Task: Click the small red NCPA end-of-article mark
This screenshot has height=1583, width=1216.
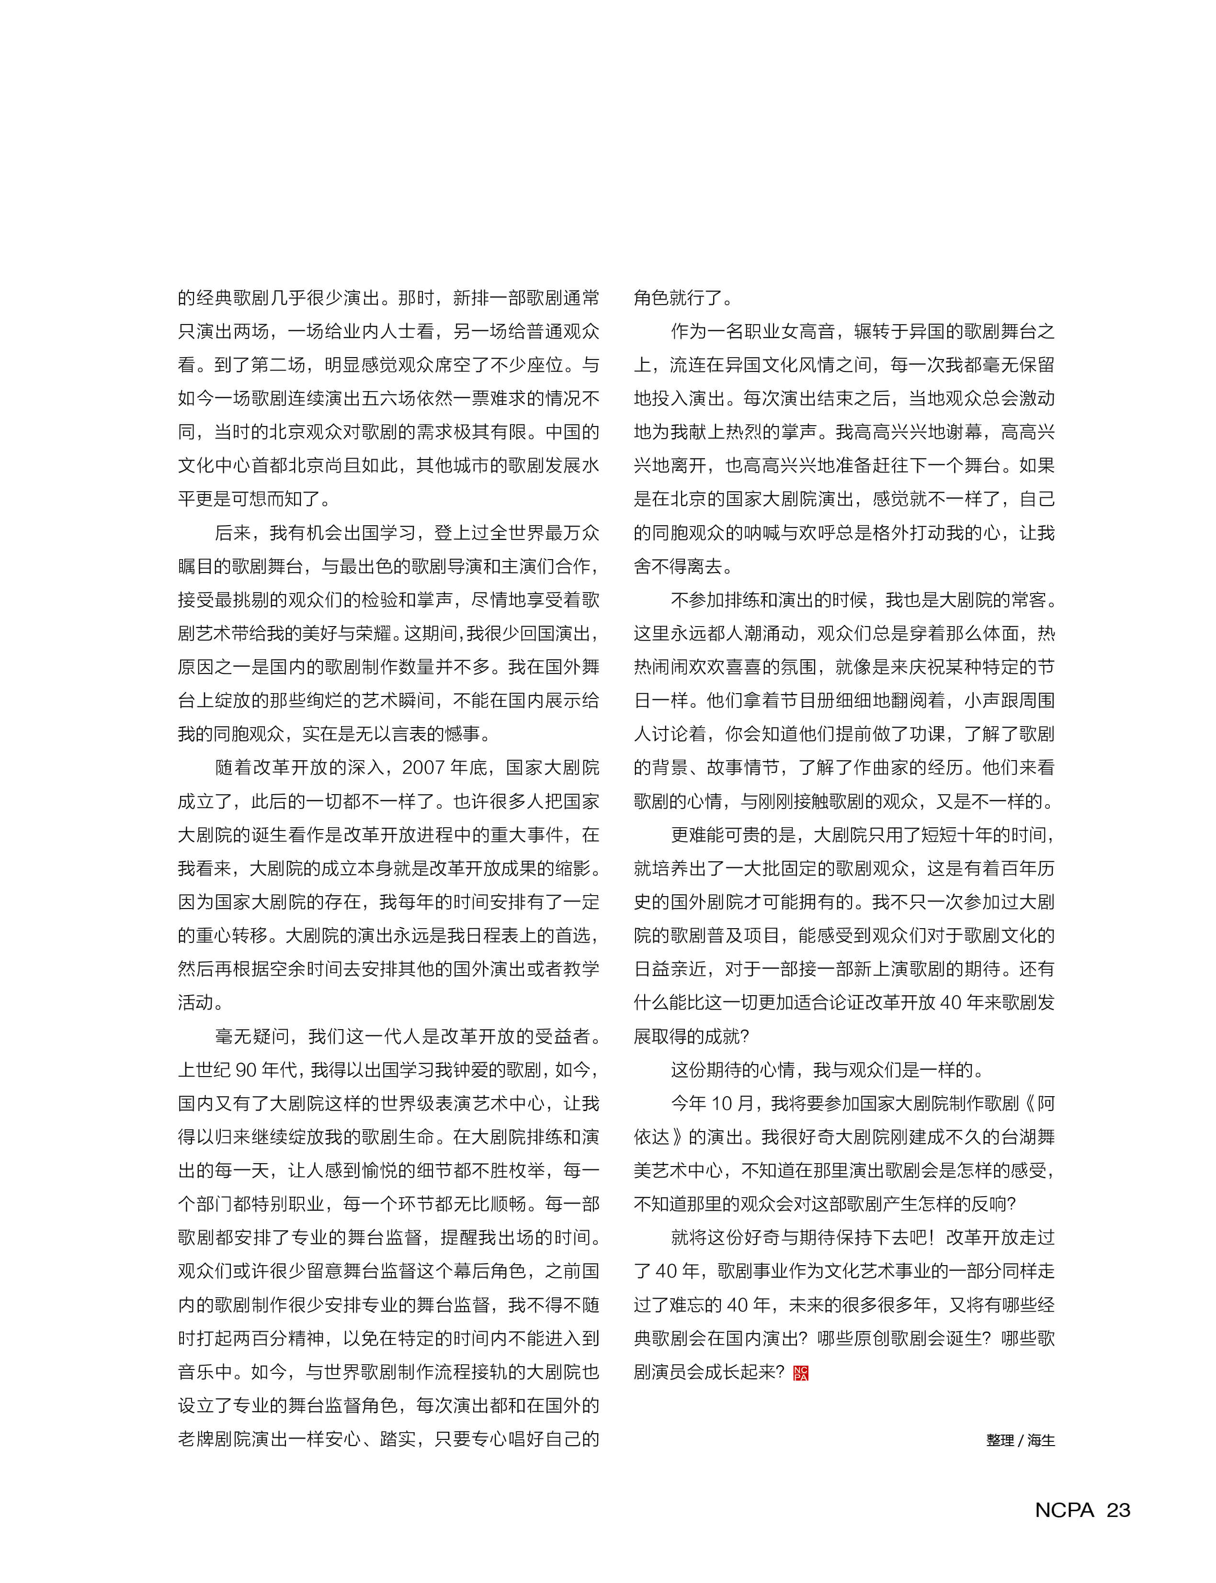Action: tap(801, 1373)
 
